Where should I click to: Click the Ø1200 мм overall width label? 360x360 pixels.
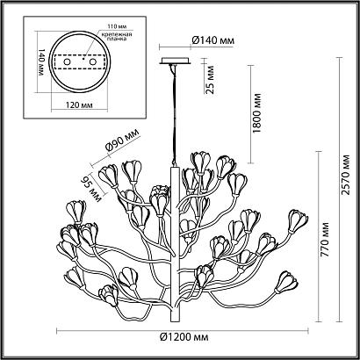tap(184, 337)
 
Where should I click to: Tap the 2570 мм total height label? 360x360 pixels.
tap(346, 175)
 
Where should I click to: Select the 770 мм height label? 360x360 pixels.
tap(325, 240)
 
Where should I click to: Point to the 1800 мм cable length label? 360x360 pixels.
tap(256, 113)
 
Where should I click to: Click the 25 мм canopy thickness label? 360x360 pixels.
tap(210, 80)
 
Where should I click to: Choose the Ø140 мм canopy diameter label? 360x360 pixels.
tap(213, 40)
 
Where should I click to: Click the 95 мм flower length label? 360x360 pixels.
tap(91, 188)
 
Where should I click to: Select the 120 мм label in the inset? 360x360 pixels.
tap(78, 104)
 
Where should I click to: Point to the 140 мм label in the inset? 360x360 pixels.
tap(40, 62)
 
